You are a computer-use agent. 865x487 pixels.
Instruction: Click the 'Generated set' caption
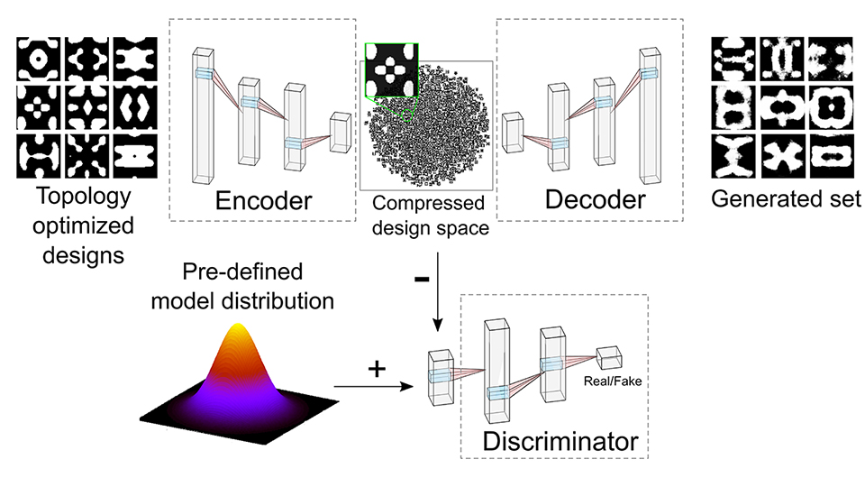(x=785, y=199)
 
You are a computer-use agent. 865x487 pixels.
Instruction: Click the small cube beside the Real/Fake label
(x=608, y=357)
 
